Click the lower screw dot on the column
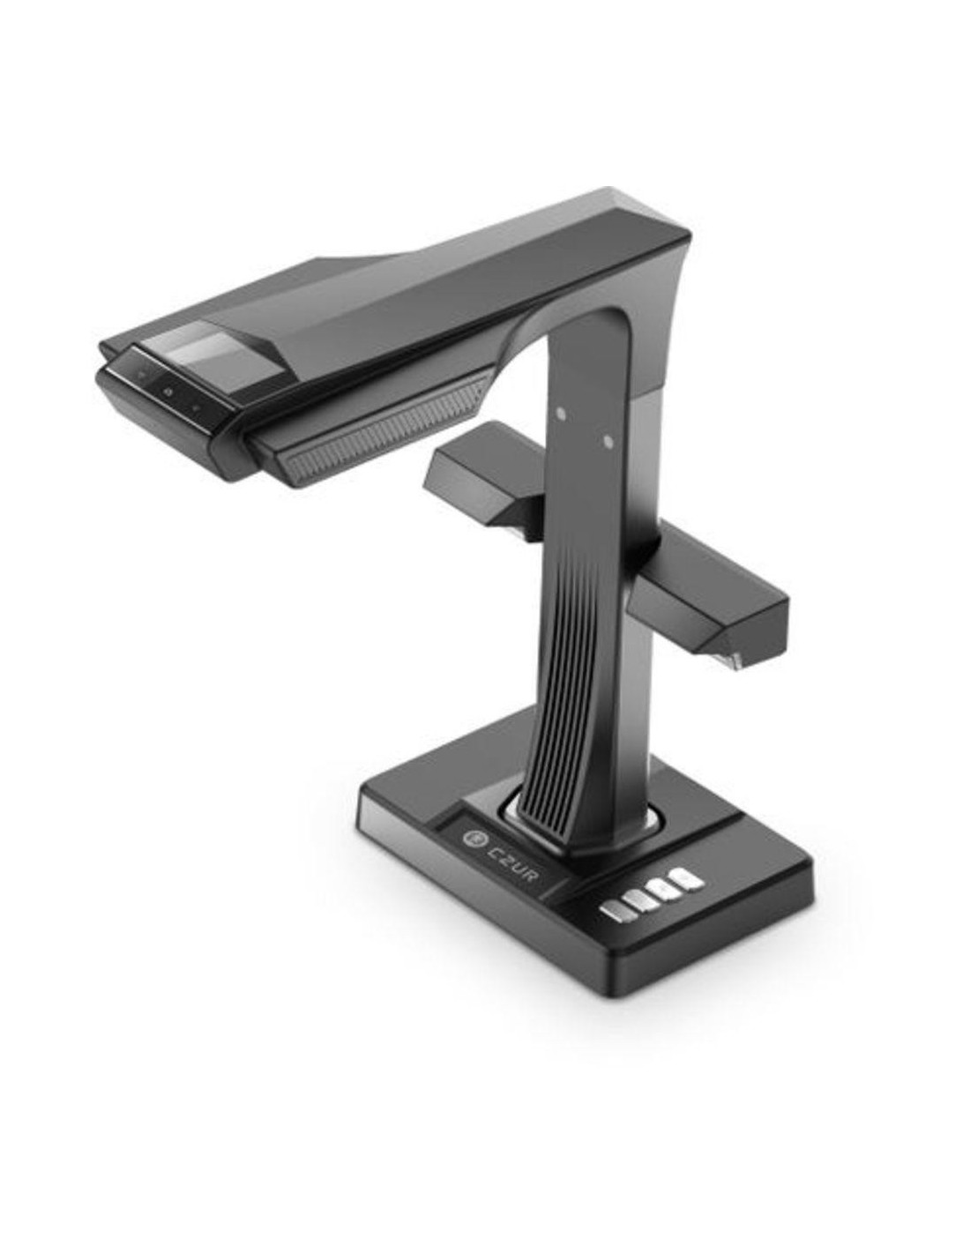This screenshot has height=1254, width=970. pyautogui.click(x=607, y=442)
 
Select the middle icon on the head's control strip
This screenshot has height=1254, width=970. pyautogui.click(x=168, y=393)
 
